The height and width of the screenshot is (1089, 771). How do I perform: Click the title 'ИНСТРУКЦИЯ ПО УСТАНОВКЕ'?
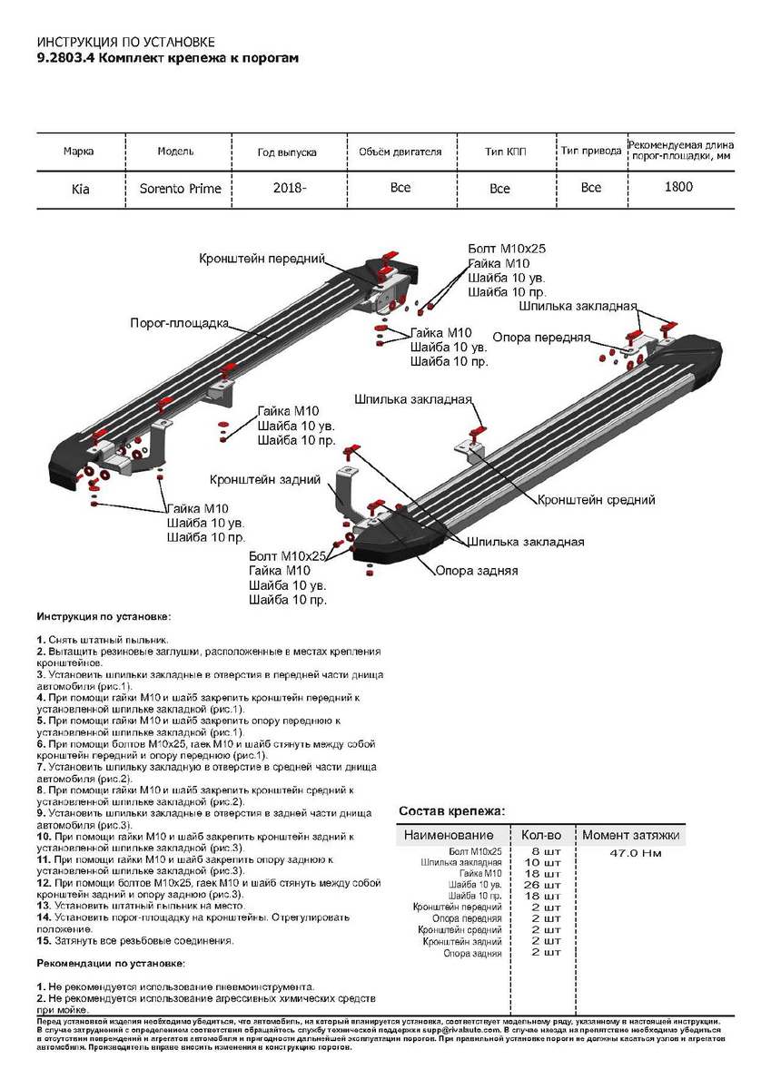[x=126, y=43]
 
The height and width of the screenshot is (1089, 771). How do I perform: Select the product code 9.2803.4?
[x=64, y=57]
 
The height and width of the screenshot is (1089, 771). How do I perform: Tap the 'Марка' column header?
[x=78, y=152]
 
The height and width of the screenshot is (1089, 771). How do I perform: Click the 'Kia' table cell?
[x=81, y=189]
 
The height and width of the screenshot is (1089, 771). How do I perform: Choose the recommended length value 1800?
[x=678, y=187]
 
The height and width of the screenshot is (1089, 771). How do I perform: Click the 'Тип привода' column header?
[x=590, y=152]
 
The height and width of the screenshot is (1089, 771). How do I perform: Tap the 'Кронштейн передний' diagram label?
[x=262, y=259]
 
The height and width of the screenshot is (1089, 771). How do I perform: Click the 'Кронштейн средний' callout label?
[x=596, y=500]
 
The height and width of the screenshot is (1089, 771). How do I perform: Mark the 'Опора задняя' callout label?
[x=477, y=571]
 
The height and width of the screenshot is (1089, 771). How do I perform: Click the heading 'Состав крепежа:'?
[x=451, y=810]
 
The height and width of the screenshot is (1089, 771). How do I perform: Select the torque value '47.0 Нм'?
[x=635, y=853]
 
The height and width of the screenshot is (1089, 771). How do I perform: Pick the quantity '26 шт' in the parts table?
[x=541, y=884]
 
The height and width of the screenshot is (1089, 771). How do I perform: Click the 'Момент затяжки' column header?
[x=630, y=835]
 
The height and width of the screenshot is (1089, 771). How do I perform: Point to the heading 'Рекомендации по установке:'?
[x=111, y=962]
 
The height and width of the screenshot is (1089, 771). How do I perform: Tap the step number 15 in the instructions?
[x=43, y=940]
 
